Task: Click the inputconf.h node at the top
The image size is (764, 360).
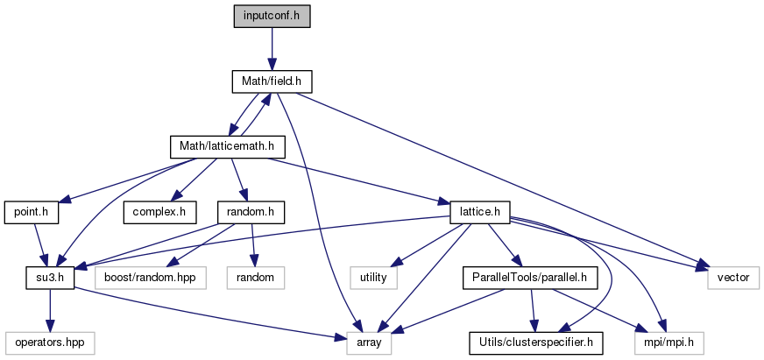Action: pyautogui.click(x=272, y=17)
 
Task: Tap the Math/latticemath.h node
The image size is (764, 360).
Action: pyautogui.click(x=227, y=146)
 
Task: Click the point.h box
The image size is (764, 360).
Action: pyautogui.click(x=32, y=212)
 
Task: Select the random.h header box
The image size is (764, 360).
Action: pyautogui.click(x=251, y=212)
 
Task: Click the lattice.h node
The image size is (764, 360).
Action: pyautogui.click(x=480, y=212)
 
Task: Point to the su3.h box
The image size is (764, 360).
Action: pyautogui.click(x=49, y=278)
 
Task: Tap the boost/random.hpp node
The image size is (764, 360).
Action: pyautogui.click(x=151, y=278)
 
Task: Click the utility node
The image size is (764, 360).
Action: pyautogui.click(x=374, y=278)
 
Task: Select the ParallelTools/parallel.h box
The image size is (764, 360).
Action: pyautogui.click(x=529, y=278)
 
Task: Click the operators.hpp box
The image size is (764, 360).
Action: pyautogui.click(x=50, y=343)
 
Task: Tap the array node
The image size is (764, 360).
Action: pyautogui.click(x=369, y=343)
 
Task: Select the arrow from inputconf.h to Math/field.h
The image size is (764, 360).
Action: pyautogui.click(x=272, y=49)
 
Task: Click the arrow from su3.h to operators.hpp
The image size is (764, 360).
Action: pyautogui.click(x=49, y=310)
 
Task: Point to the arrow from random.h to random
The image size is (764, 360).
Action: pyautogui.click(x=252, y=245)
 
